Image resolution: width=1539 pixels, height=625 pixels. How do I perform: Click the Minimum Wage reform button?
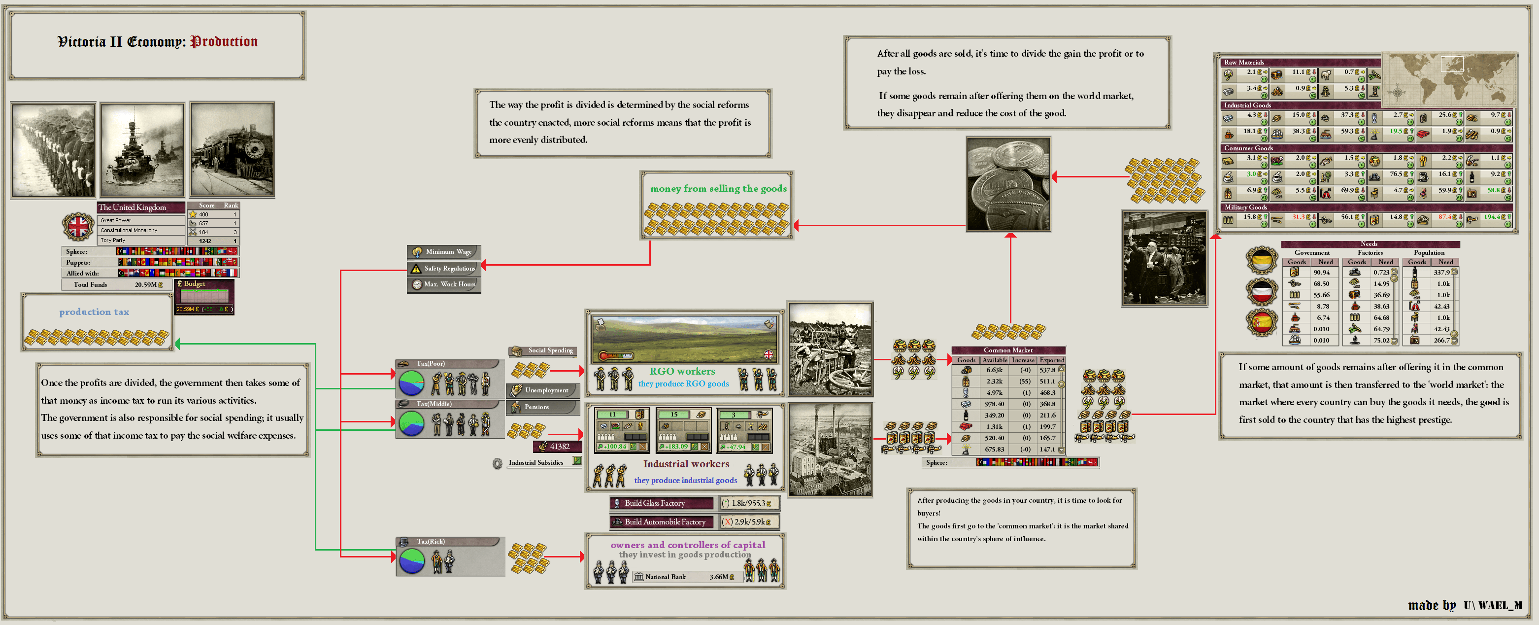444,251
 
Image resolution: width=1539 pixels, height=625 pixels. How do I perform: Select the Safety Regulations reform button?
444,268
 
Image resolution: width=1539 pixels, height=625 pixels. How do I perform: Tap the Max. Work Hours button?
444,284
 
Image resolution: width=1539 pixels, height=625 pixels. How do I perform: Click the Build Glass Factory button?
662,503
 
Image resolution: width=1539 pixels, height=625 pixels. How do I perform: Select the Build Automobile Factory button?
662,521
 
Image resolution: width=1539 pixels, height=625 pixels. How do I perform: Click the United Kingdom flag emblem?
78,226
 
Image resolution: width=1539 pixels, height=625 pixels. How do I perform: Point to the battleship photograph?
142,150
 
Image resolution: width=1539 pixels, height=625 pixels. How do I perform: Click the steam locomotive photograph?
232,149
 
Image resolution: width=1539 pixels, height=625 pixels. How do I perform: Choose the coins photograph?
1008,184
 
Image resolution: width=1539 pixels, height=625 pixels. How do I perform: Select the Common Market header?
1008,350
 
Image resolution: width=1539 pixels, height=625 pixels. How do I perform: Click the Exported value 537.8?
1047,370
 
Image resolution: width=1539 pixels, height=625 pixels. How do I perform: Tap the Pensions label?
536,407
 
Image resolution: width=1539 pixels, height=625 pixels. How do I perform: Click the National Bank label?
665,577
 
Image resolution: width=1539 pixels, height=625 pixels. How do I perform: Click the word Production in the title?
224,42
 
